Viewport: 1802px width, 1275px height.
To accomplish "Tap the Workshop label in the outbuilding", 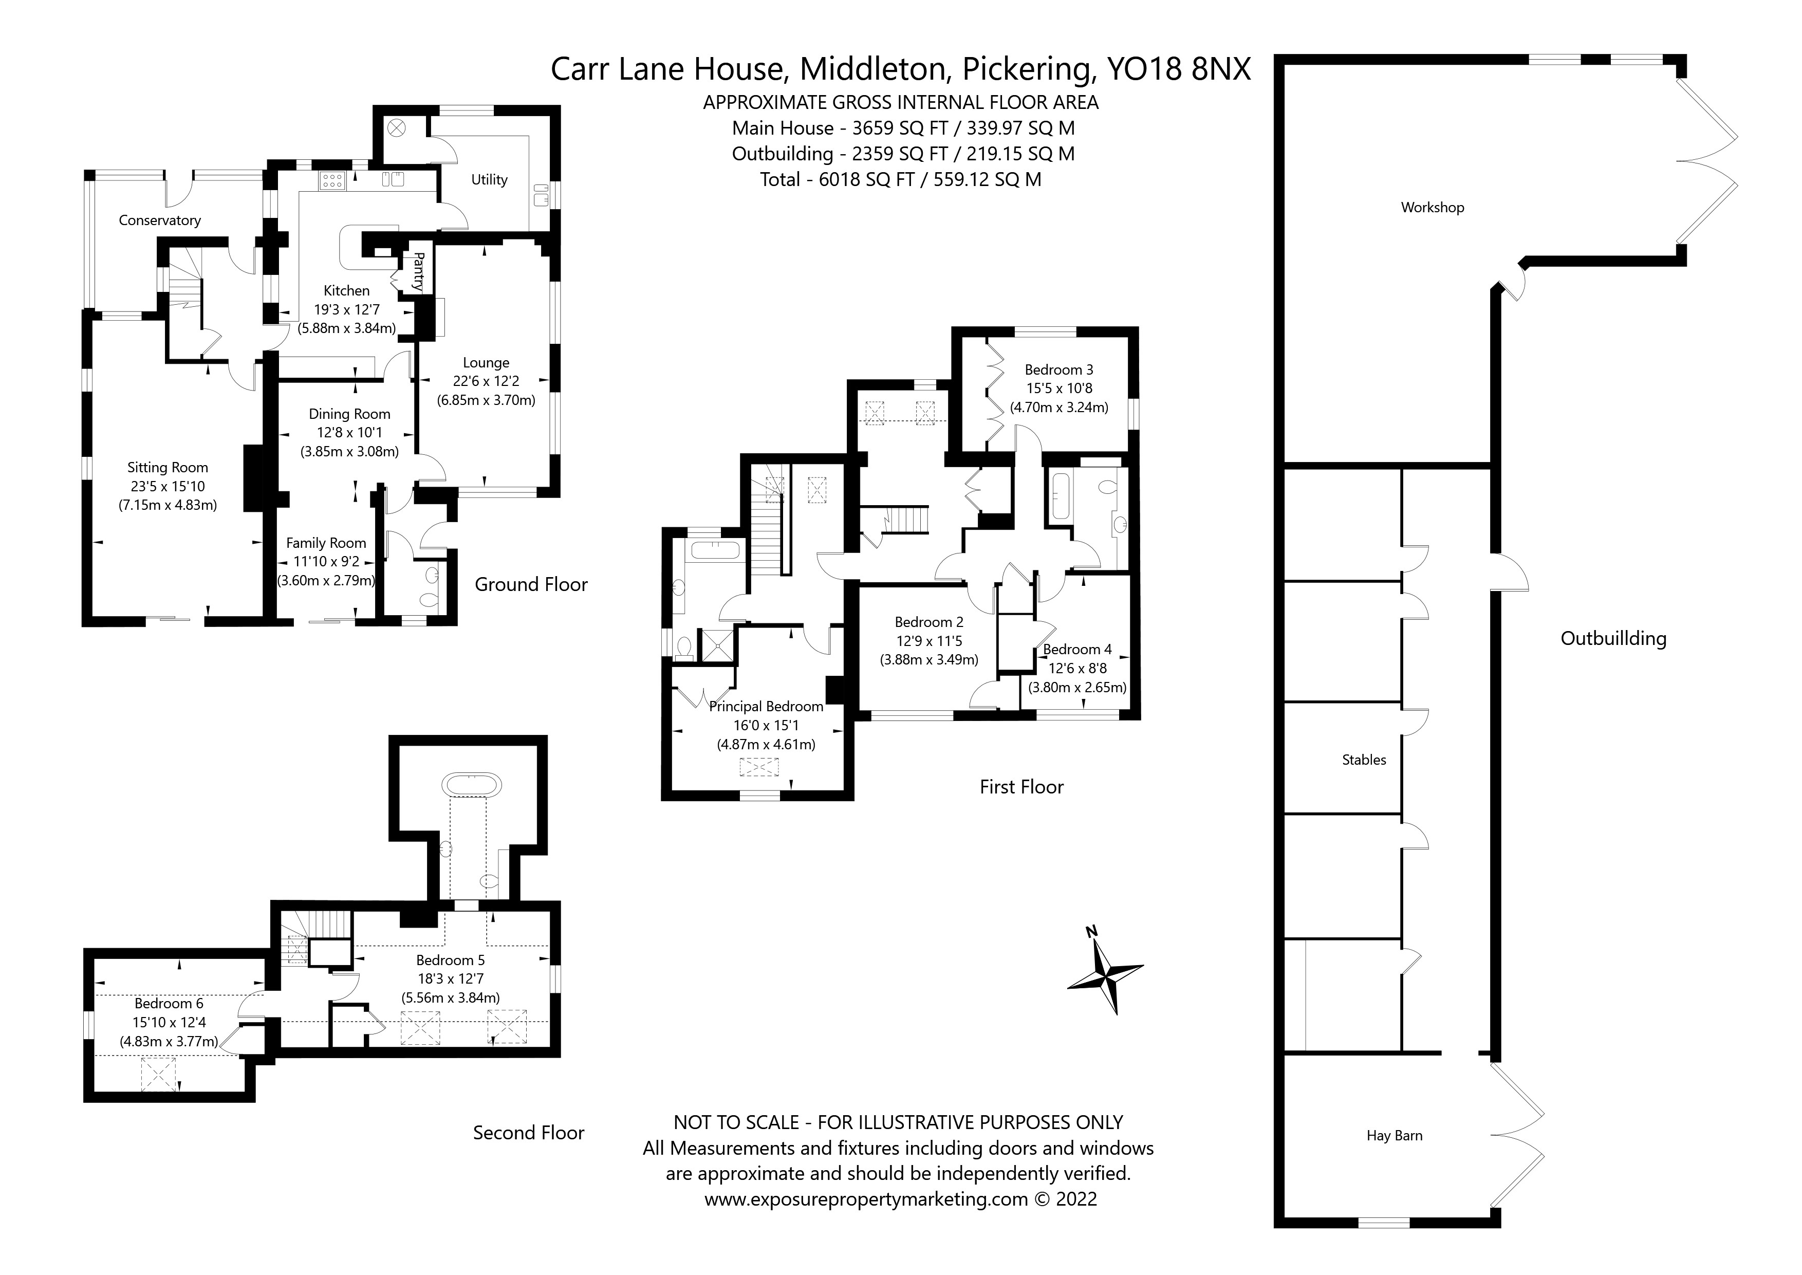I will tap(1433, 207).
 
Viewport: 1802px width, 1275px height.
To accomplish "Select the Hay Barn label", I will tap(1394, 1135).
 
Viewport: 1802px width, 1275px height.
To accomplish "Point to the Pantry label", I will tap(418, 271).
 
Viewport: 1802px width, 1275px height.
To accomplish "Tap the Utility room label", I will tap(489, 180).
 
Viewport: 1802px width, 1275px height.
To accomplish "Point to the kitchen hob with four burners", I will tap(331, 181).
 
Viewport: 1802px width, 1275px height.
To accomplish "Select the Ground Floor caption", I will tap(531, 584).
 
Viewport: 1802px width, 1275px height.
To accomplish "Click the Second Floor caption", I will tap(528, 1132).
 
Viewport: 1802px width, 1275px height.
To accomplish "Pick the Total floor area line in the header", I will tap(900, 180).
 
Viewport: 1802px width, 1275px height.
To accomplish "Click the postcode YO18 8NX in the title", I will tap(1178, 69).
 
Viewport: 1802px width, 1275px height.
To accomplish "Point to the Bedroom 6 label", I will tap(169, 1003).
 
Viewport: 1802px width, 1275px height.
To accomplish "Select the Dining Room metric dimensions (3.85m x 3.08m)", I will tap(349, 451).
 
